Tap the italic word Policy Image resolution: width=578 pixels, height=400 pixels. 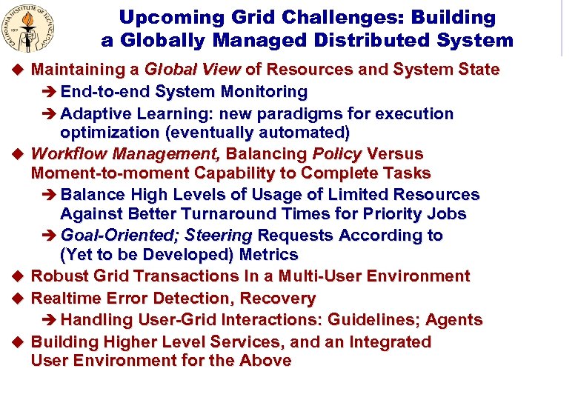pyautogui.click(x=337, y=154)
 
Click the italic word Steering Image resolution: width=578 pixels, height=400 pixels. pyautogui.click(x=219, y=236)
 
